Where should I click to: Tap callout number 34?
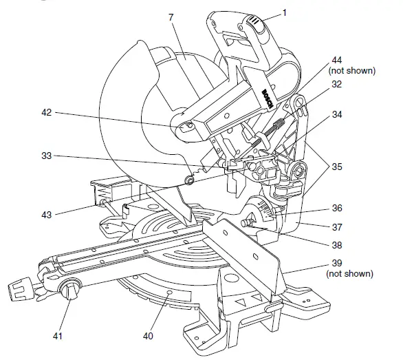(x=335, y=115)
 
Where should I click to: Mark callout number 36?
(x=335, y=207)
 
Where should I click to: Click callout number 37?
(x=335, y=226)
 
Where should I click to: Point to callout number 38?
(x=335, y=244)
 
